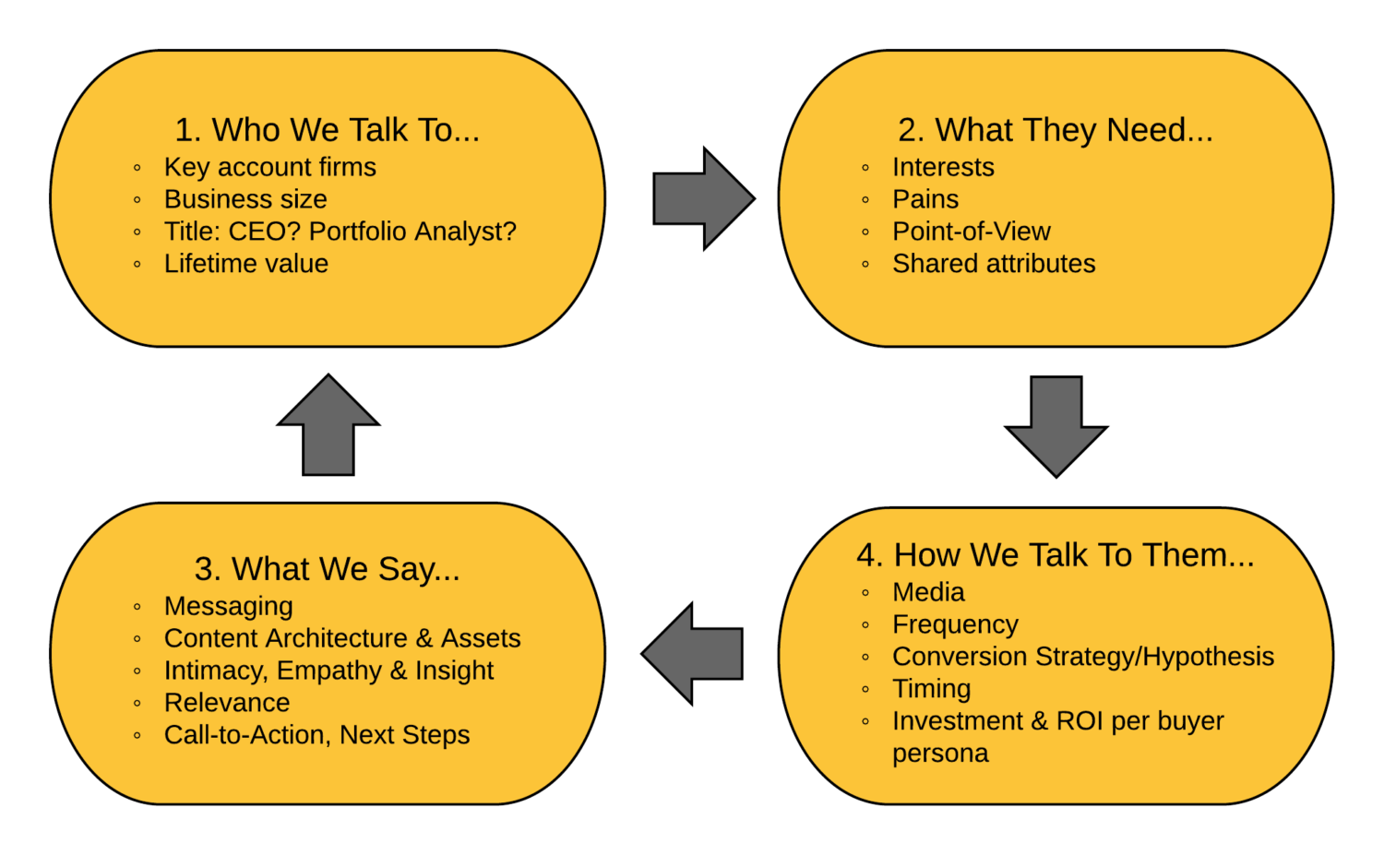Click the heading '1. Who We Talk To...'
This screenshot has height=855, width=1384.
pyautogui.click(x=328, y=130)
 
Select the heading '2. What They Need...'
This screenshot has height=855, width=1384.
pyautogui.click(x=1056, y=130)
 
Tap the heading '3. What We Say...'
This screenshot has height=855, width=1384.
pyautogui.click(x=327, y=569)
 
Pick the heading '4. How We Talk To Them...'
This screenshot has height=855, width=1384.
pyautogui.click(x=1056, y=555)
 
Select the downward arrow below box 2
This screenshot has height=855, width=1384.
pyautogui.click(x=1056, y=425)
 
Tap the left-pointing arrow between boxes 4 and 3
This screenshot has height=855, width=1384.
pyautogui.click(x=694, y=654)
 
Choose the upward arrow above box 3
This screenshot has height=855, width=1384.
pyautogui.click(x=328, y=426)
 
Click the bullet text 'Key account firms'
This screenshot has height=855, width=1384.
pyautogui.click(x=269, y=167)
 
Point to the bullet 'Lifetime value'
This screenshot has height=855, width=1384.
pyautogui.click(x=245, y=264)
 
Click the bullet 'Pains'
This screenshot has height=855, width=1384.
pyautogui.click(x=925, y=199)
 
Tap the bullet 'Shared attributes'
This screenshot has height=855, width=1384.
pyautogui.click(x=994, y=264)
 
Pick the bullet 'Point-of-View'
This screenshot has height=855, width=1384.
pyautogui.click(x=971, y=232)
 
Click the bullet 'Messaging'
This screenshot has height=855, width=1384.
pyautogui.click(x=228, y=606)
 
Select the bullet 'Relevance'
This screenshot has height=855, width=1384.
pyautogui.click(x=227, y=703)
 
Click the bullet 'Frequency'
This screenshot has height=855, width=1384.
pyautogui.click(x=955, y=624)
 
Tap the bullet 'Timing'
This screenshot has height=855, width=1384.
pyautogui.click(x=931, y=689)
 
